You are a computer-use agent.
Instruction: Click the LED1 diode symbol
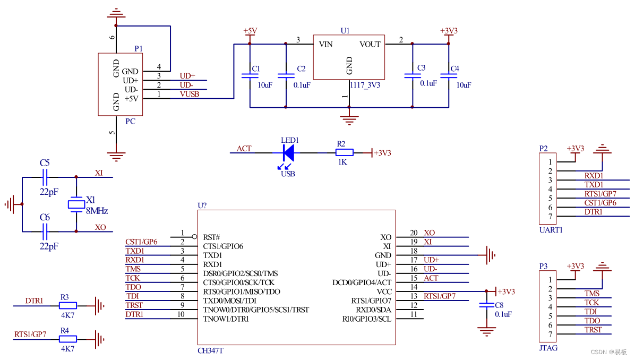[x=288, y=153]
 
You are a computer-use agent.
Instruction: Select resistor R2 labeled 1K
[x=345, y=152]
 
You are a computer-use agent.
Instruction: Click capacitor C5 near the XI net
[x=45, y=177]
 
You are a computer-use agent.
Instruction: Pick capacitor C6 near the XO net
[x=45, y=232]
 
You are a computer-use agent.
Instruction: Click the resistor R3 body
[x=67, y=305]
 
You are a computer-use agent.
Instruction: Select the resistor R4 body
[x=67, y=338]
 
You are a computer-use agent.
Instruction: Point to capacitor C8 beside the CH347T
[x=486, y=306]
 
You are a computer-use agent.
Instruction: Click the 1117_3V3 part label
[x=364, y=85]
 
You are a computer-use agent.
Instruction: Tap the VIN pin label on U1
[x=325, y=44]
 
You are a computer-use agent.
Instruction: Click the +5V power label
[x=250, y=31]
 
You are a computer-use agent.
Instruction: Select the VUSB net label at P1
[x=190, y=94]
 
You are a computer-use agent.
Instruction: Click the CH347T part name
[x=210, y=351]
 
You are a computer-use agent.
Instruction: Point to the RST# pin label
[x=212, y=237]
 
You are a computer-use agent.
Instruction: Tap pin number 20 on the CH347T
[x=414, y=233]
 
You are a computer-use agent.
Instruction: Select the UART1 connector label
[x=551, y=230]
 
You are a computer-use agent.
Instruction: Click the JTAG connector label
[x=548, y=348]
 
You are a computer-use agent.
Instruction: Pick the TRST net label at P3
[x=593, y=330]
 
